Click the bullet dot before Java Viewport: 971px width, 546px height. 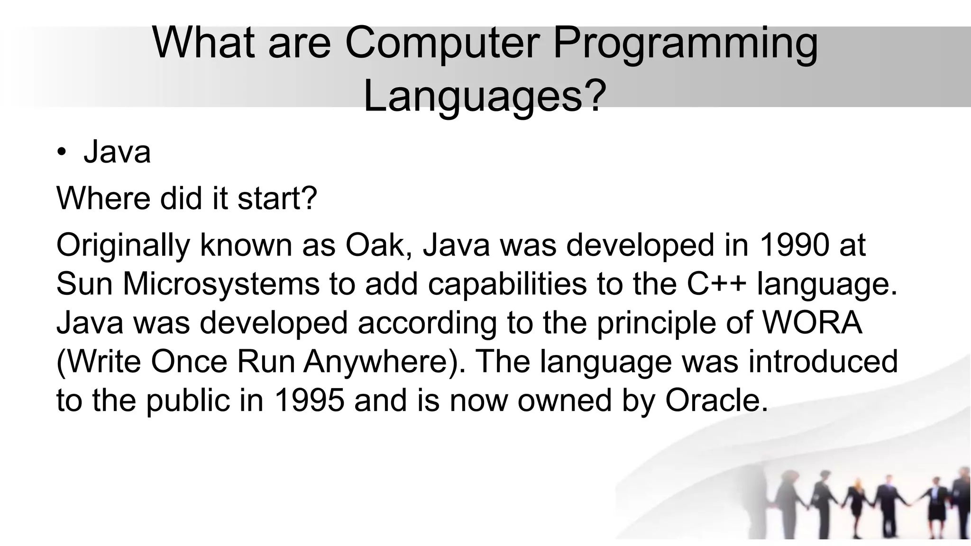click(62, 153)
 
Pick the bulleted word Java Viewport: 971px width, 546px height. click(117, 153)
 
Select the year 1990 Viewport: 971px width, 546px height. click(795, 246)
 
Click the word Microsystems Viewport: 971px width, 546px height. click(221, 284)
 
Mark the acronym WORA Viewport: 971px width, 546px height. click(811, 323)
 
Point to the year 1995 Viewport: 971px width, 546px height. click(309, 400)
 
